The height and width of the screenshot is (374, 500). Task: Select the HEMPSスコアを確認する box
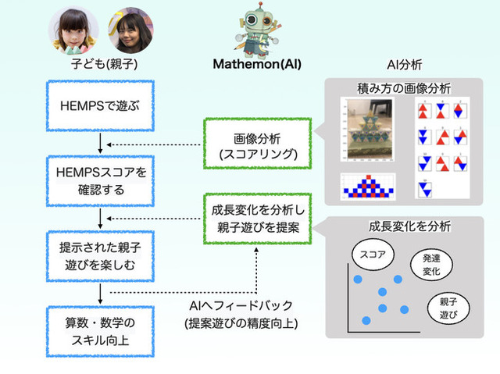coord(100,179)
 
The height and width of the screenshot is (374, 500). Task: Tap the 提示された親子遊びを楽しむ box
coord(100,255)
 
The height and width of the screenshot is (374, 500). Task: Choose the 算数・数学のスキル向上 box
coord(100,329)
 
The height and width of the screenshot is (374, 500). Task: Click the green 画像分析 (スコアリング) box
coord(257,145)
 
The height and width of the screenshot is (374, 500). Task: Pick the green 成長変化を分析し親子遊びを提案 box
coord(257,220)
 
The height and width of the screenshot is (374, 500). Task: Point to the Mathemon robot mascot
coord(257,29)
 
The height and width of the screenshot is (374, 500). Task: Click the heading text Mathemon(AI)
coord(257,65)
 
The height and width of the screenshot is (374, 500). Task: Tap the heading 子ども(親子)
coord(100,65)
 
